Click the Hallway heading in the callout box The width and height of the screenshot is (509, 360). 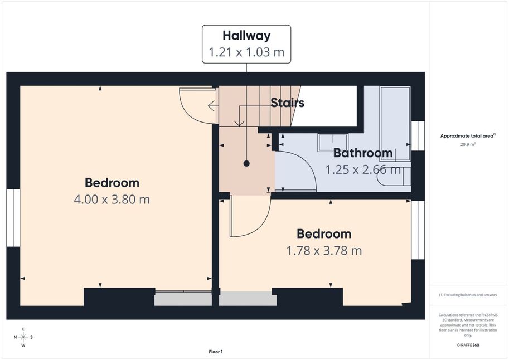(246, 35)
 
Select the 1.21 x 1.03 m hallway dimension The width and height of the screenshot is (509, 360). (246, 52)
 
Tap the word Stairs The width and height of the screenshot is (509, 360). (287, 103)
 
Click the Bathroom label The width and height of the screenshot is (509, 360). (363, 153)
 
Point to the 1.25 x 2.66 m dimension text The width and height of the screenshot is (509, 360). (363, 169)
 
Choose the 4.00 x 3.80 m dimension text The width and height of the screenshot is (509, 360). (112, 200)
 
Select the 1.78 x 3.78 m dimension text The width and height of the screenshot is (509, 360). (324, 251)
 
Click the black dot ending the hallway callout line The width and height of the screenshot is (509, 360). (246, 164)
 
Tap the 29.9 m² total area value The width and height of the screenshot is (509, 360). (468, 144)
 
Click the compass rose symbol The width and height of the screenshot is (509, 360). (23, 337)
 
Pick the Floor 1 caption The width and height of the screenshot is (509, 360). (216, 352)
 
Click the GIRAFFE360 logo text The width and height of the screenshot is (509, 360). (468, 345)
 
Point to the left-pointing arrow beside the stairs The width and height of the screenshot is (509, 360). (212, 106)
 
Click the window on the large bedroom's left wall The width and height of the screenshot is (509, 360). (13, 218)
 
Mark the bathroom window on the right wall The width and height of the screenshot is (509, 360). (418, 135)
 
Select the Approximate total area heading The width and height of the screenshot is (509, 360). (468, 136)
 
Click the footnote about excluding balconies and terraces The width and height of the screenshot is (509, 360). (468, 295)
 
